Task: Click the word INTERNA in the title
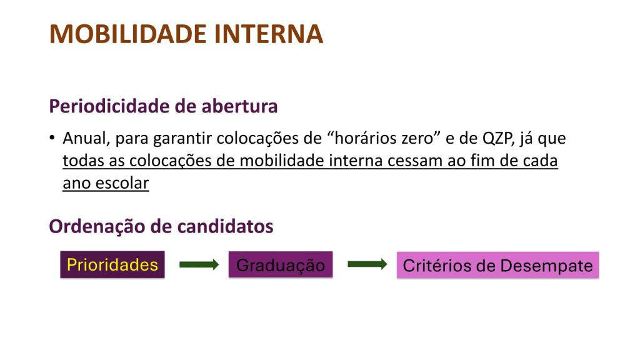(x=269, y=34)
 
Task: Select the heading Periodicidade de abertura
(x=163, y=106)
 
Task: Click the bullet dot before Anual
(x=52, y=137)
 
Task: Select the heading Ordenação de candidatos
(x=161, y=226)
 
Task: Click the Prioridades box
(x=112, y=264)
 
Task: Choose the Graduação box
(x=281, y=264)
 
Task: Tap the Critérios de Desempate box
(x=497, y=265)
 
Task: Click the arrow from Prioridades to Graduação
(x=199, y=264)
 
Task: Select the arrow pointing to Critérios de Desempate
(x=367, y=264)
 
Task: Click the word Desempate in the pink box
(x=546, y=266)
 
